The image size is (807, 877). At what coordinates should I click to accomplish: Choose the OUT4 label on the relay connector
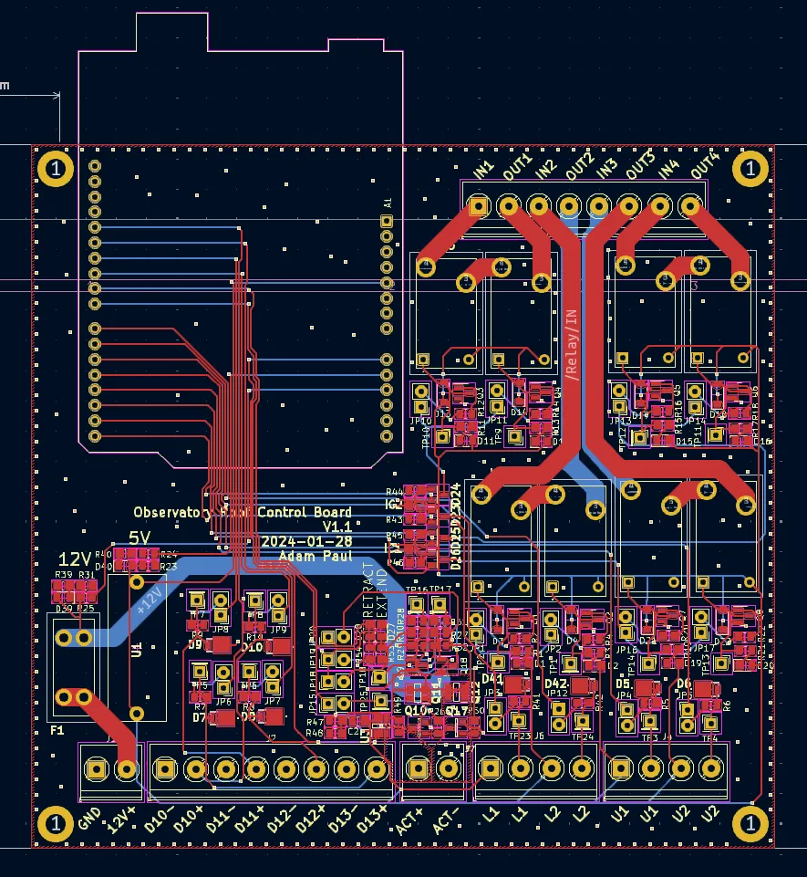click(705, 166)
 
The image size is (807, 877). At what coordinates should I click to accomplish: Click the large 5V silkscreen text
click(140, 538)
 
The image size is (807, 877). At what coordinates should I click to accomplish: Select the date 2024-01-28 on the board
click(306, 541)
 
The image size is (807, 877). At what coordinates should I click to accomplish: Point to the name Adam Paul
click(316, 556)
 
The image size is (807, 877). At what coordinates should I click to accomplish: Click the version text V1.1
click(336, 527)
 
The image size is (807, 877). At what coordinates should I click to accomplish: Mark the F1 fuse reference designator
click(57, 730)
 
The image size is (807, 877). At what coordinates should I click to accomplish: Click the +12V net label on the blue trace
click(148, 598)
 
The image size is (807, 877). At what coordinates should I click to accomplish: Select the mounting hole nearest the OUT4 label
click(750, 168)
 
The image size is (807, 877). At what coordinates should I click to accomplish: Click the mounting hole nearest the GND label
click(56, 824)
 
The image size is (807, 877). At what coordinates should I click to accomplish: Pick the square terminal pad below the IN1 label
click(478, 206)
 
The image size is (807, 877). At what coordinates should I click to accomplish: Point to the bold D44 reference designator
click(492, 679)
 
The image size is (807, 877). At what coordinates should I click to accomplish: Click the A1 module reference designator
click(387, 203)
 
